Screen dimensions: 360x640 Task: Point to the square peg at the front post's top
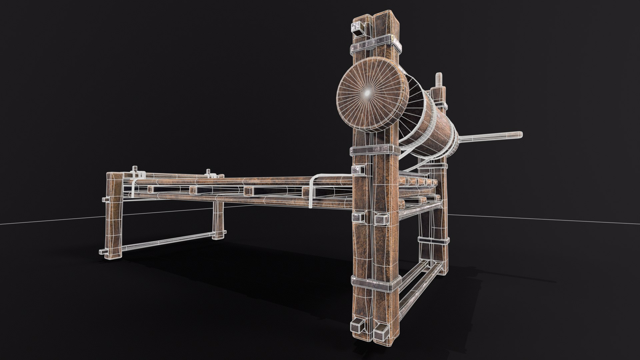click(358, 28)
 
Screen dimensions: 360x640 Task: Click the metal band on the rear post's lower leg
click(433, 240)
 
